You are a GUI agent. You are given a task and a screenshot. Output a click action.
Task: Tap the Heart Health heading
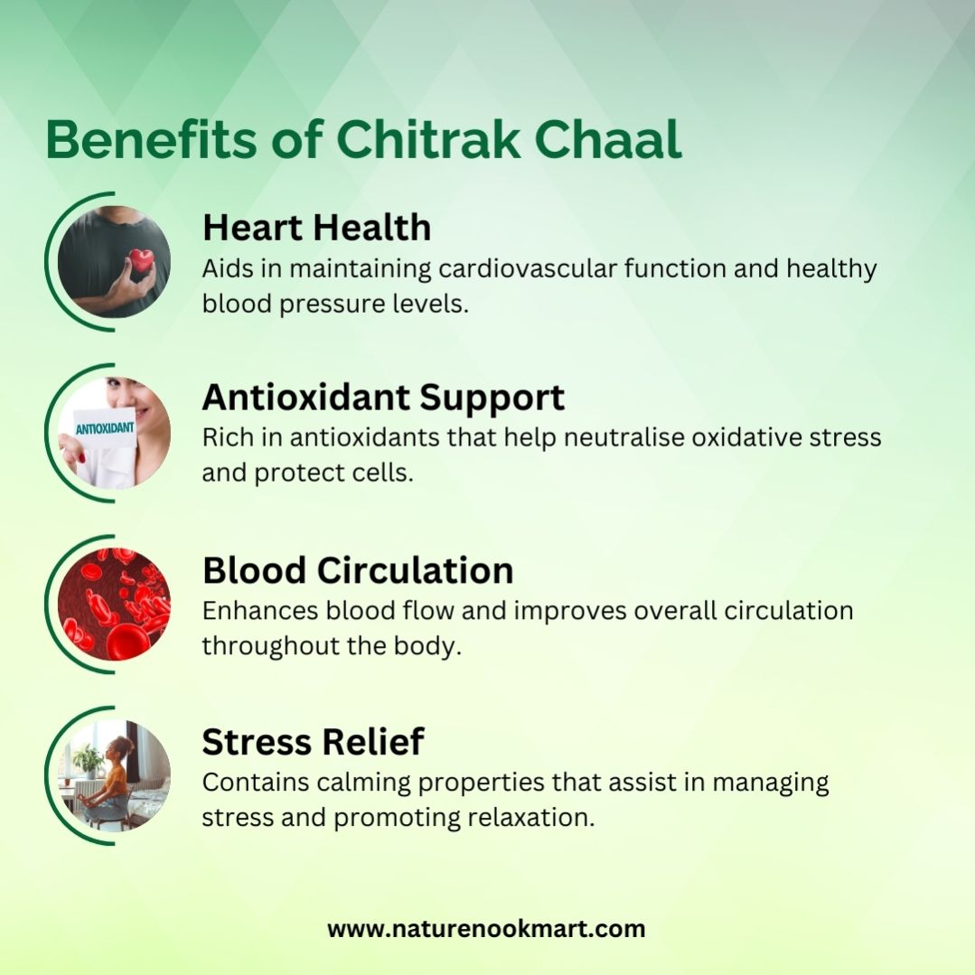click(x=316, y=227)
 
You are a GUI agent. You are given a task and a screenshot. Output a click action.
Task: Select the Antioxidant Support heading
click(x=383, y=398)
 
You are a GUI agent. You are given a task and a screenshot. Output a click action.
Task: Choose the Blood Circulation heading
click(x=358, y=570)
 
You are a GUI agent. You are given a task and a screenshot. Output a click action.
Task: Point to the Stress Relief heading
click(x=313, y=741)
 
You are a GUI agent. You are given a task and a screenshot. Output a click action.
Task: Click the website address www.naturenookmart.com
click(x=486, y=929)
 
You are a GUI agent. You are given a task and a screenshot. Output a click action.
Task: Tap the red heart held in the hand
click(x=141, y=259)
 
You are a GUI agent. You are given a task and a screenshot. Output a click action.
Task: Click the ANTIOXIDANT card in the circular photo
click(x=105, y=427)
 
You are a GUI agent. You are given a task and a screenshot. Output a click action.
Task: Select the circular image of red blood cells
click(x=114, y=604)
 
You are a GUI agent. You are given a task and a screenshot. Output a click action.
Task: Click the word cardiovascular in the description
click(x=528, y=268)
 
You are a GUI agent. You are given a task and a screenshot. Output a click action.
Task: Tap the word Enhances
click(x=260, y=611)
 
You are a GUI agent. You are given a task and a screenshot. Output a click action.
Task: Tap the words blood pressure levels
click(x=335, y=304)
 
